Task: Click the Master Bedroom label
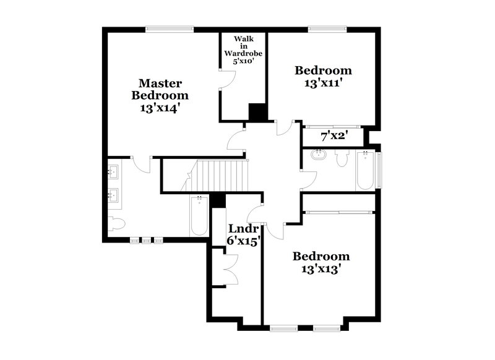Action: click(160, 89)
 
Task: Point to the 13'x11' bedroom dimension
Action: click(322, 83)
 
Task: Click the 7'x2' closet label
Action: click(332, 135)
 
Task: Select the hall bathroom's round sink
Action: click(319, 155)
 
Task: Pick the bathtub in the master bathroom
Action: click(199, 215)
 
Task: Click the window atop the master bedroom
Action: click(170, 28)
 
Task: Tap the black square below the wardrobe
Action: click(257, 112)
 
